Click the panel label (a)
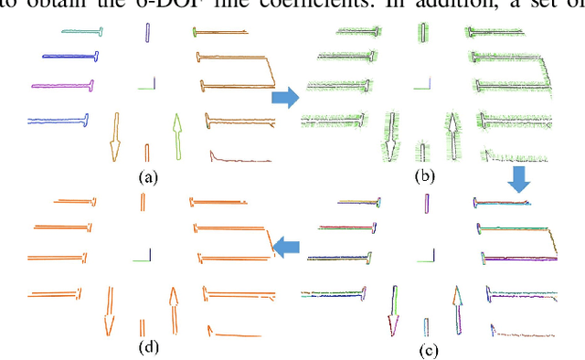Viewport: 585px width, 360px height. (147, 177)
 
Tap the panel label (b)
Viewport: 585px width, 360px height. (423, 175)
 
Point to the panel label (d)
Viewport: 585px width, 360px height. (147, 346)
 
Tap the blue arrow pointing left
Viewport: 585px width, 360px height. (289, 244)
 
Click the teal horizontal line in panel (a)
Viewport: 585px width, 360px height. (80, 32)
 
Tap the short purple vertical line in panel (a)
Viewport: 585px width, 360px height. (147, 33)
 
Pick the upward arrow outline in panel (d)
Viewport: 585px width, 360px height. (173, 311)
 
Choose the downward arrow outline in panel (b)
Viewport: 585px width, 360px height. (391, 137)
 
